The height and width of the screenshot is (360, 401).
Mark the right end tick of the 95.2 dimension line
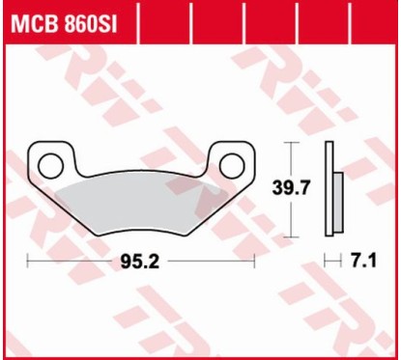click(x=254, y=261)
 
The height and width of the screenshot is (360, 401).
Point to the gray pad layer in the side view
click(x=338, y=193)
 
